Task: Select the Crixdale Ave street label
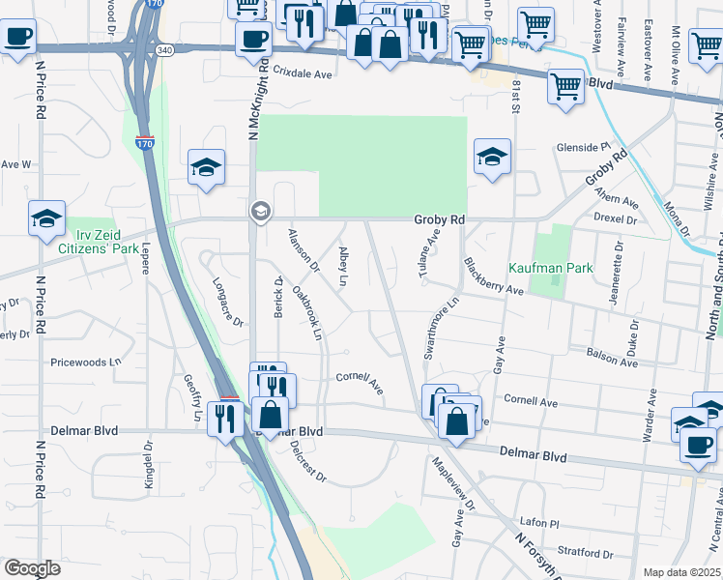(x=302, y=72)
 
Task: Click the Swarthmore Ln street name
(x=440, y=330)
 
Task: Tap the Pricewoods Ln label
(x=87, y=362)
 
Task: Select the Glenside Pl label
(x=584, y=147)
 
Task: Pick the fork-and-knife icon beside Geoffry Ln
(x=226, y=418)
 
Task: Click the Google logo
(x=32, y=568)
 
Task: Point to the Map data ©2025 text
(x=681, y=572)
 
